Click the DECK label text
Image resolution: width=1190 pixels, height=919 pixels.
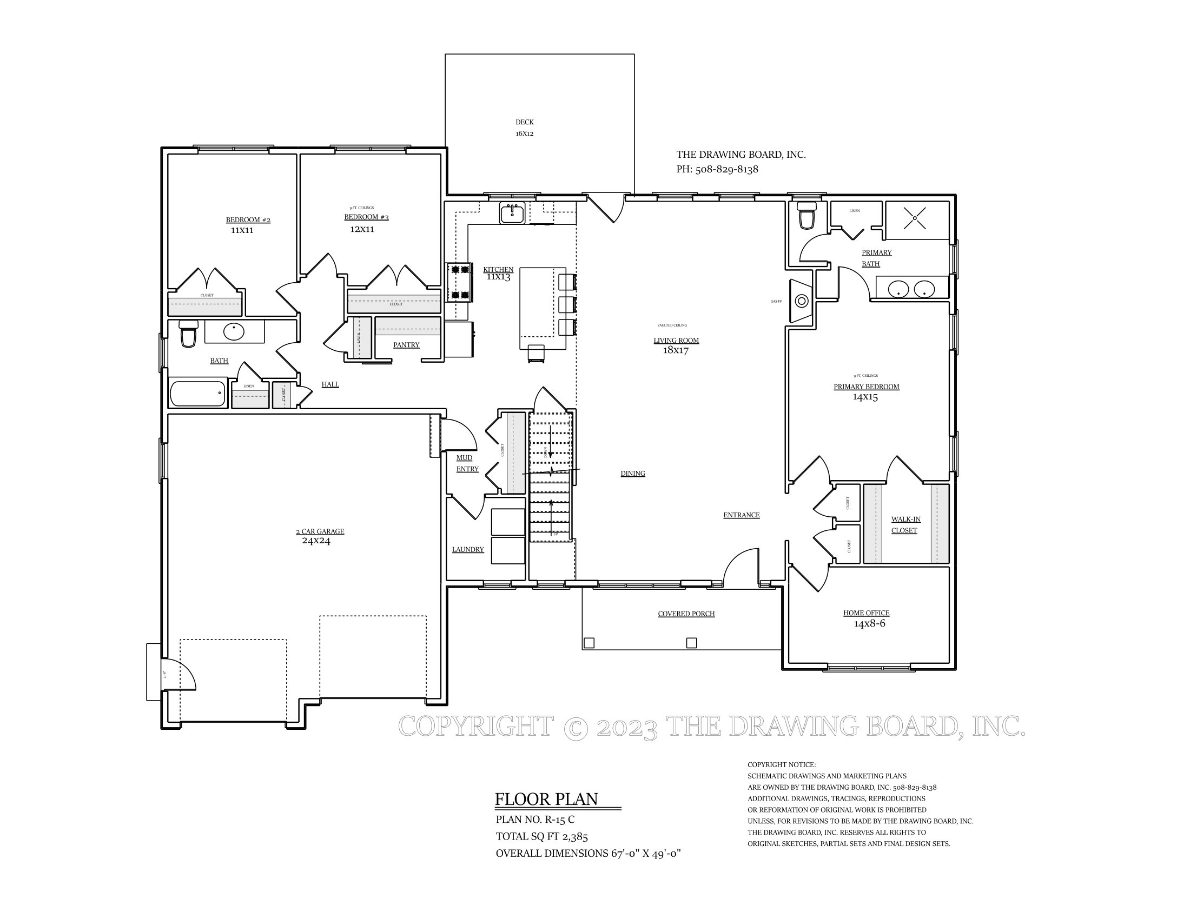click(x=524, y=123)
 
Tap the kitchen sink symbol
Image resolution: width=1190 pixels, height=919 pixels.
click(x=512, y=213)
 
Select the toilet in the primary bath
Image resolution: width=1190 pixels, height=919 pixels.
click(x=805, y=216)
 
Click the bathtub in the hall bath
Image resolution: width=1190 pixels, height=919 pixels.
click(x=198, y=394)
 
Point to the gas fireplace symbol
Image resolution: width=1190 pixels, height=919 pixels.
click(x=802, y=301)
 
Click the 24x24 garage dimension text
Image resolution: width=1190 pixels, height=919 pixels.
click(x=316, y=541)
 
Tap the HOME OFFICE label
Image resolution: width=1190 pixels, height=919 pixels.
click(x=866, y=613)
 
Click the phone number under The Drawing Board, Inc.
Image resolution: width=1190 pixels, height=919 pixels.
click(x=717, y=169)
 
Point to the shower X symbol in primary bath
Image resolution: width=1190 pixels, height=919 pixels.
click(x=915, y=218)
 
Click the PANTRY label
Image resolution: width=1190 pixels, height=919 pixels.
click(x=406, y=345)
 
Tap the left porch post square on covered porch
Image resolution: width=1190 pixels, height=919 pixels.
click(x=589, y=643)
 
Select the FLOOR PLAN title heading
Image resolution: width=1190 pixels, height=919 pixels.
click(x=546, y=799)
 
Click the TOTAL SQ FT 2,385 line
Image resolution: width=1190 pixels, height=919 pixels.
click(x=541, y=837)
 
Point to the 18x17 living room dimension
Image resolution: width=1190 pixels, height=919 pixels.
click(x=675, y=351)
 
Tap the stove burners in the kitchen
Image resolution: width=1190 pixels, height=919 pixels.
click(x=459, y=282)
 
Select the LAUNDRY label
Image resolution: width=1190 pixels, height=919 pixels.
click(x=467, y=550)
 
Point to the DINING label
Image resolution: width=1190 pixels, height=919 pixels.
click(x=633, y=474)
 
